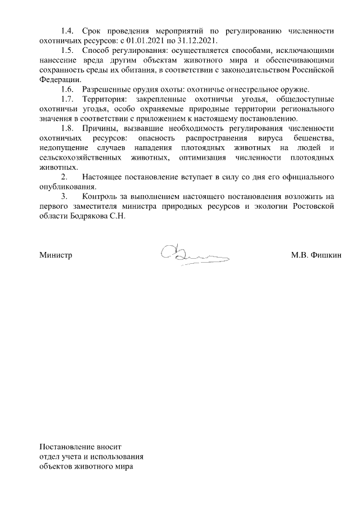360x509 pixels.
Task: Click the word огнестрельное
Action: (251, 89)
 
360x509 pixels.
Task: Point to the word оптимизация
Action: (210, 158)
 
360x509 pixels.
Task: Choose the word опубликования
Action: (67, 187)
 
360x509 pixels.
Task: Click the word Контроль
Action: (99, 197)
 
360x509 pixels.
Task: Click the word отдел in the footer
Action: (49, 457)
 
